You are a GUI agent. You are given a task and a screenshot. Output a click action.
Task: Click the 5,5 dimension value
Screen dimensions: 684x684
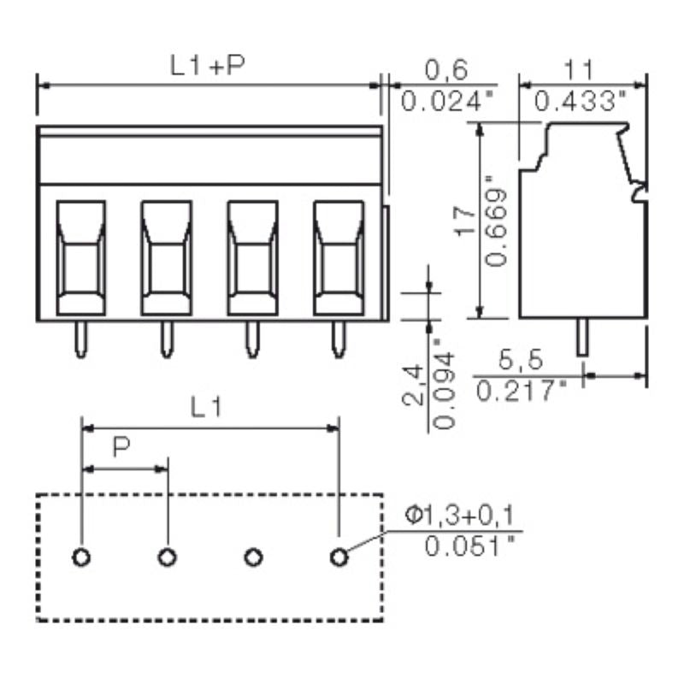521,359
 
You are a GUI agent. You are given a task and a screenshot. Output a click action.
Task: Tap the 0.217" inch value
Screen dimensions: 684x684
522,392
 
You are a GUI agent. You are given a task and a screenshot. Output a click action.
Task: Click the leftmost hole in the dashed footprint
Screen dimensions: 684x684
81,557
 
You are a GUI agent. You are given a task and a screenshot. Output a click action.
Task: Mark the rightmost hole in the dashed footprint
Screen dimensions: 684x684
339,557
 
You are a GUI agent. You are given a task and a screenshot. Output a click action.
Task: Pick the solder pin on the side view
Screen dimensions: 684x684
582,338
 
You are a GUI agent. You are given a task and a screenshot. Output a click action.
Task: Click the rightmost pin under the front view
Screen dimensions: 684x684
339,339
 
